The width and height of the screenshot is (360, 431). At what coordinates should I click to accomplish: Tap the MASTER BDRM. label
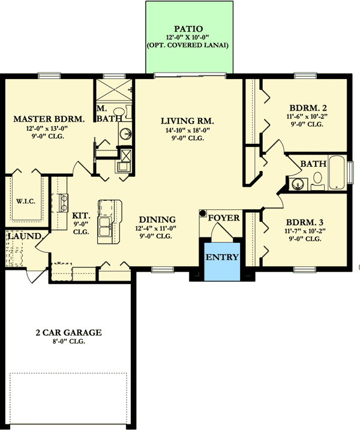tap(49, 119)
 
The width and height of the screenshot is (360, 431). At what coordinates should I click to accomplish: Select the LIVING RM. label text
tap(187, 120)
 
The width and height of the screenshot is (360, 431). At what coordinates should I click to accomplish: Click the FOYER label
tap(223, 218)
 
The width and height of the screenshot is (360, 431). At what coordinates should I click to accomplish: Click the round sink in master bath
tap(126, 135)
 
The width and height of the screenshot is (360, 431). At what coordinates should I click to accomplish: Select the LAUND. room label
tap(20, 236)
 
